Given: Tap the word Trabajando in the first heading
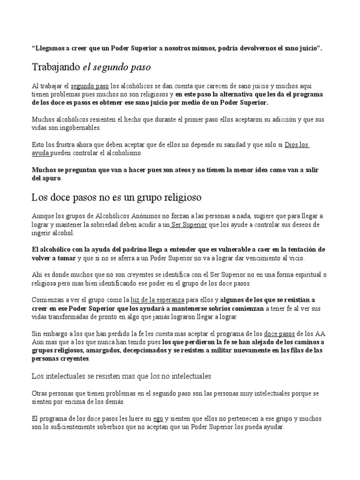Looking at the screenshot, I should (x=56, y=67).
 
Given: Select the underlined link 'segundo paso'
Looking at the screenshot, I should (x=90, y=86).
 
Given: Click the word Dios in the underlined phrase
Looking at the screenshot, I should (x=293, y=145).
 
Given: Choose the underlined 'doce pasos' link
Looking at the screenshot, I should (x=280, y=333).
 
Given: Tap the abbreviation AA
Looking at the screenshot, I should (x=321, y=333).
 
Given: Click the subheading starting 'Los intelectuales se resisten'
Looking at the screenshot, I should (x=121, y=375).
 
